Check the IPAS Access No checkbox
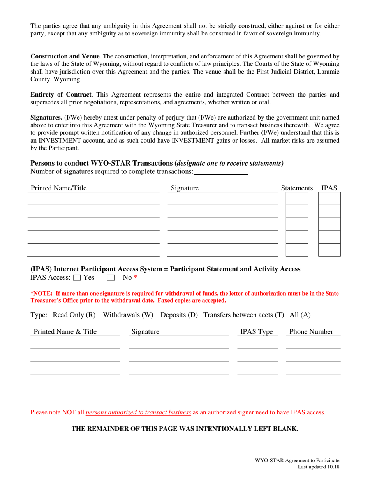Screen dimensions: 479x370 click(x=111, y=278)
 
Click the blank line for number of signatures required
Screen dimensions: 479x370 click(x=221, y=171)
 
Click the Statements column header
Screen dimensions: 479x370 click(x=297, y=188)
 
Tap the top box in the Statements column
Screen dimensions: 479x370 click(x=297, y=199)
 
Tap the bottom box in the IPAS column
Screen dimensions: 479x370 click(x=329, y=250)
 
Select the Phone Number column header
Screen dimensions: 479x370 click(x=311, y=332)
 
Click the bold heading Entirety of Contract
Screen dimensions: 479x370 click(x=61, y=95)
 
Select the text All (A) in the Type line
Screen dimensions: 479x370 click(x=300, y=315)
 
